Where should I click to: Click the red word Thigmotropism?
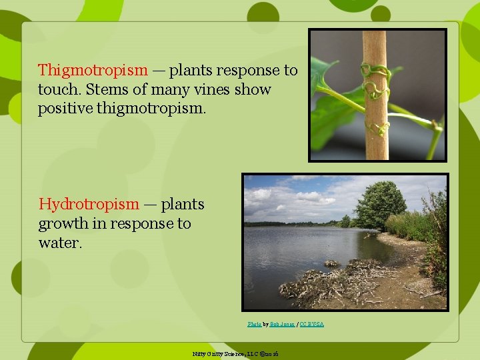93,70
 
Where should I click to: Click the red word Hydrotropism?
88,204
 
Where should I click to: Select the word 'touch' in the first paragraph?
57,89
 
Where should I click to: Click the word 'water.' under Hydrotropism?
60,243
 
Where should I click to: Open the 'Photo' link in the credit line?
254,324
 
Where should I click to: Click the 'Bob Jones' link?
283,324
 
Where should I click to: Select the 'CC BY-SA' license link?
311,324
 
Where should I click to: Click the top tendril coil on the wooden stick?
375,69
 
